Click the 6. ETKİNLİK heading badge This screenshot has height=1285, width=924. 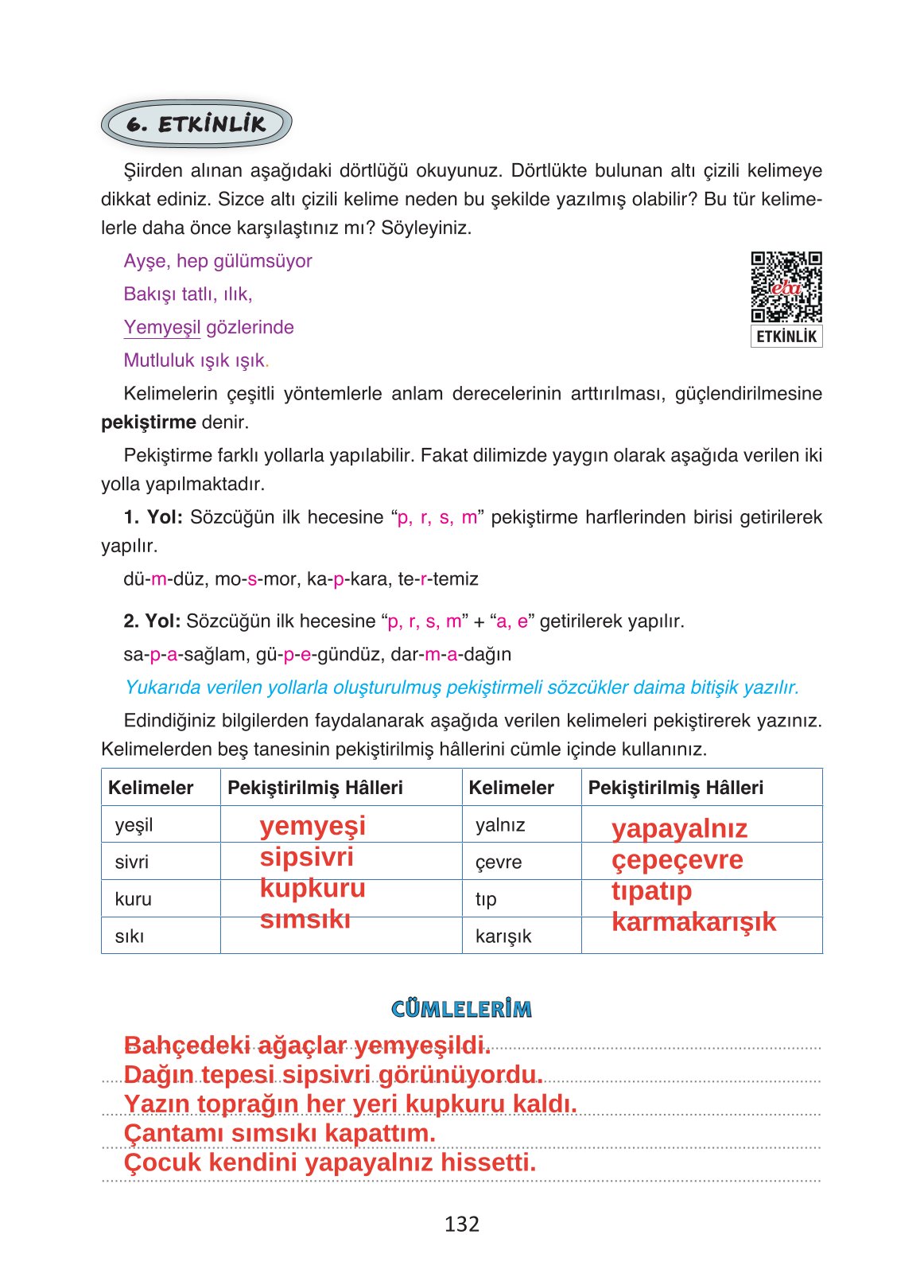(x=196, y=124)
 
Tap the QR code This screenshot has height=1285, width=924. (x=786, y=287)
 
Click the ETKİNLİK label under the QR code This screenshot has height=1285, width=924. (x=786, y=337)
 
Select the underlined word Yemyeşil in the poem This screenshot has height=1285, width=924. (x=162, y=327)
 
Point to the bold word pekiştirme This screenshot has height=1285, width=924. (x=148, y=422)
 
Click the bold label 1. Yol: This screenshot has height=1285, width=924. (x=153, y=517)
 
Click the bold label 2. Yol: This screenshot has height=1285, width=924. (x=152, y=621)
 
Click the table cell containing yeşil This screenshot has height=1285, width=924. (x=160, y=824)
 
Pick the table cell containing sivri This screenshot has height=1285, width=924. (x=160, y=862)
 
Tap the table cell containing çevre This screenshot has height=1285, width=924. (x=521, y=862)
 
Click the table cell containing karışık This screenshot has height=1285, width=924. (x=521, y=936)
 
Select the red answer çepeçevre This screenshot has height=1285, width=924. (x=677, y=860)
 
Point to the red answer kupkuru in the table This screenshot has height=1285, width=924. (x=313, y=888)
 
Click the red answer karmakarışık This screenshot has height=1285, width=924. (x=693, y=921)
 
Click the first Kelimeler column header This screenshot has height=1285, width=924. (x=151, y=788)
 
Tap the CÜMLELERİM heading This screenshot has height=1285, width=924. (x=461, y=1009)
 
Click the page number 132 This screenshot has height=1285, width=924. (x=461, y=1224)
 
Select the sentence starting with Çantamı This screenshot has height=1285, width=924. (x=279, y=1133)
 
